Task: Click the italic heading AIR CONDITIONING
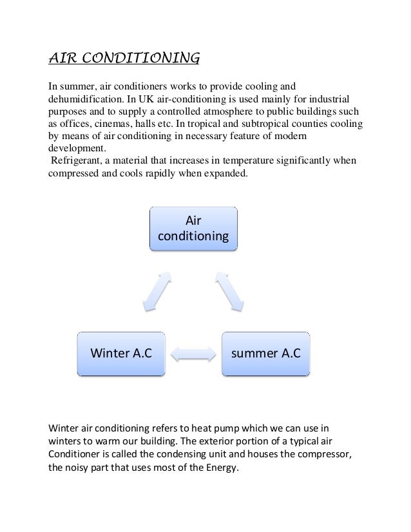[124, 60]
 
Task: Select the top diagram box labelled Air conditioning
[193, 228]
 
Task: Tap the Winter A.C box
[120, 353]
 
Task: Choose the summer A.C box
[266, 353]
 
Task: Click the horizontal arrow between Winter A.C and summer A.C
[193, 354]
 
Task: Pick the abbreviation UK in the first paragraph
[176, 100]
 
